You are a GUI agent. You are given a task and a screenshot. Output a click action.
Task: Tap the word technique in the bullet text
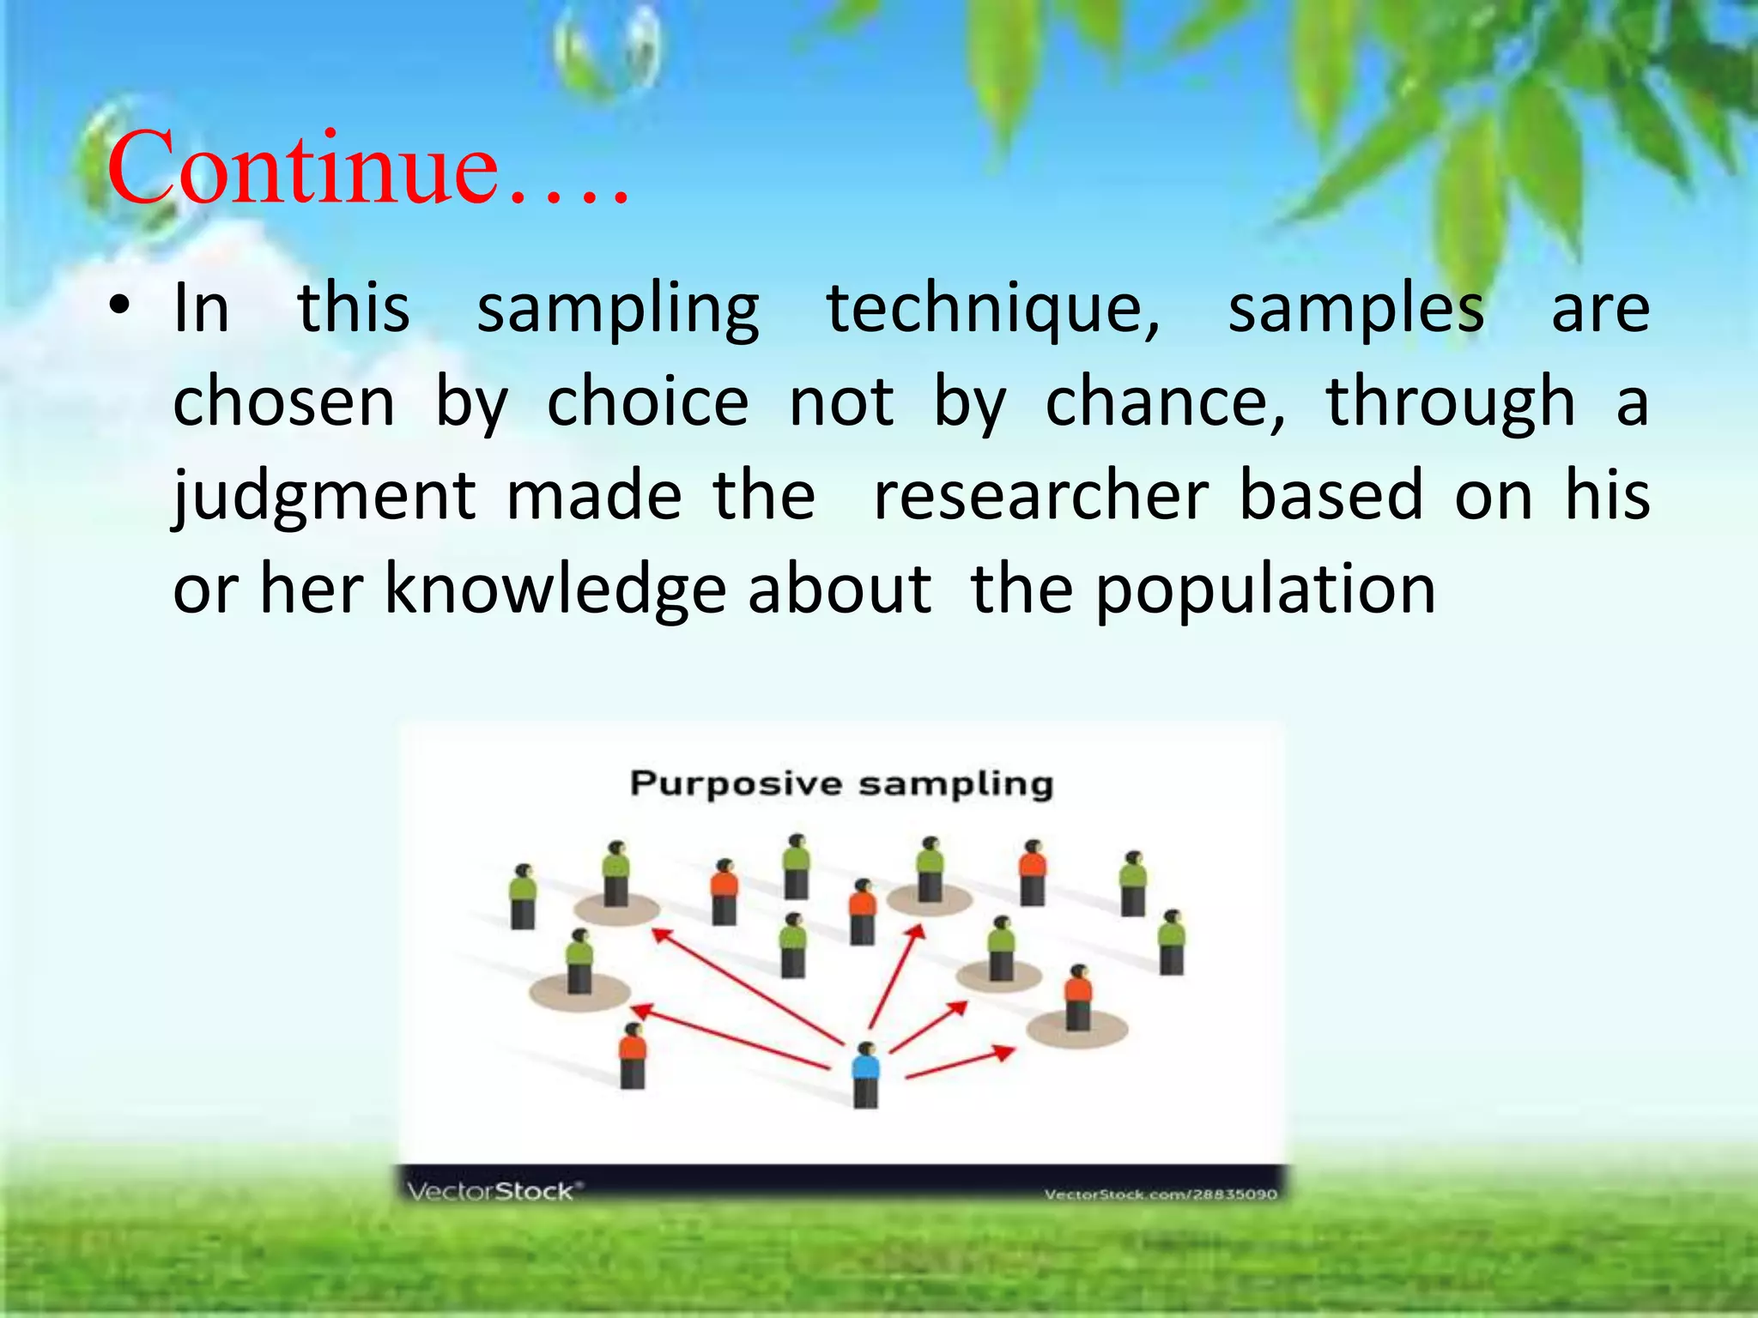[x=993, y=309]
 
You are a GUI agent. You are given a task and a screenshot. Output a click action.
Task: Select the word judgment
[x=324, y=496]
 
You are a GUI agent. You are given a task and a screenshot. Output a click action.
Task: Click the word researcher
[x=1040, y=496]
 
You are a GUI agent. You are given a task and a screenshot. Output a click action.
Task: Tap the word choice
[x=648, y=402]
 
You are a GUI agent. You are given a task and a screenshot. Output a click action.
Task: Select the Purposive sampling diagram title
[x=841, y=783]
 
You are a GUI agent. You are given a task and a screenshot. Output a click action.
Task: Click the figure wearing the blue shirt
[x=866, y=1073]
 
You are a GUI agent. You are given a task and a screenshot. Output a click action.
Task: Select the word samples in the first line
[x=1356, y=309]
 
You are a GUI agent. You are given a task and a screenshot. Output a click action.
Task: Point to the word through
[x=1451, y=402]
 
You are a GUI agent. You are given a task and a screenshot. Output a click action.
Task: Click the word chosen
[x=283, y=402]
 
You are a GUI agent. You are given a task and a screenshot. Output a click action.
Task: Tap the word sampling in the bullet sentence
[x=618, y=309]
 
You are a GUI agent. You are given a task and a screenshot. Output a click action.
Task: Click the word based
[x=1331, y=496]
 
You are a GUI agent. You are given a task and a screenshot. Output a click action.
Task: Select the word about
[x=840, y=590]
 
